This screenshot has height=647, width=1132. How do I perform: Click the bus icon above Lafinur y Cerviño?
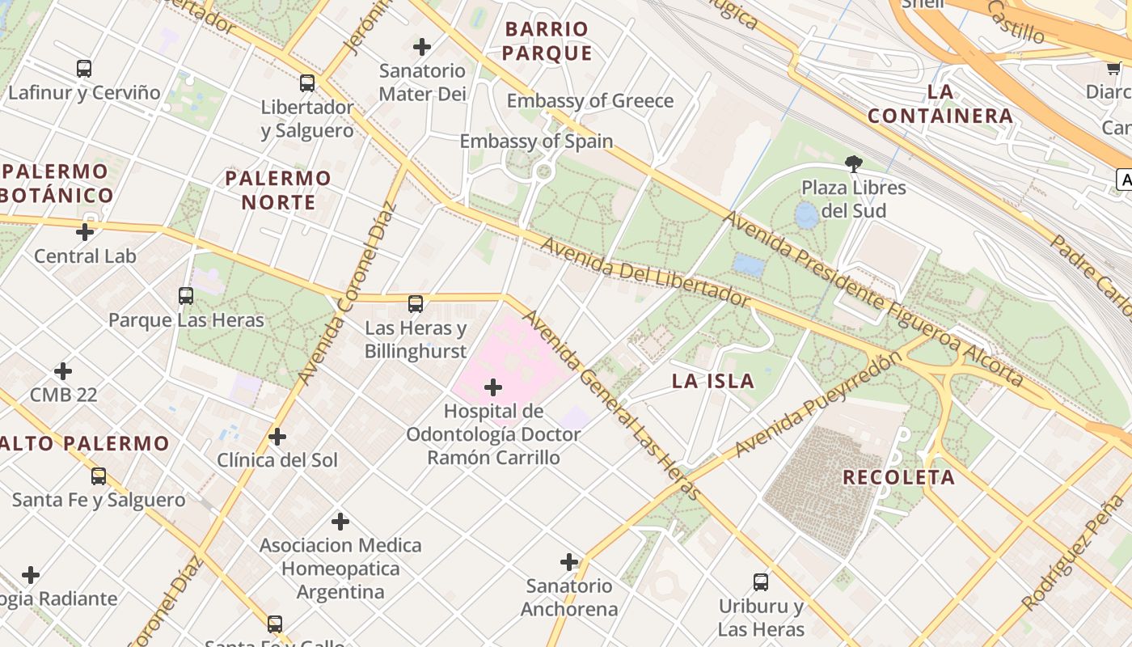84,69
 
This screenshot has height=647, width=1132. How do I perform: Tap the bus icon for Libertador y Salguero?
307,82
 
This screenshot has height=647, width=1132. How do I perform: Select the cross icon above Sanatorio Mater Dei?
422,47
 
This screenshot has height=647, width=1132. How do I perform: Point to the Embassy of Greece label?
589,101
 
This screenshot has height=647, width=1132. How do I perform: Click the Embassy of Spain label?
536,142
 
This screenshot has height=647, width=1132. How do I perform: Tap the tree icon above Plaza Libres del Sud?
853,164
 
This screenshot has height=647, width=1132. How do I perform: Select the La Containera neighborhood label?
940,104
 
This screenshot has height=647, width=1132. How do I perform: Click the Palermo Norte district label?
278,190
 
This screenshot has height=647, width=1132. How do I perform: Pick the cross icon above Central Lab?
85,232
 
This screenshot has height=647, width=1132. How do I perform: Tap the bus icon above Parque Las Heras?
186,296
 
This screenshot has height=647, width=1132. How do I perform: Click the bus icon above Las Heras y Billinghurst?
416,304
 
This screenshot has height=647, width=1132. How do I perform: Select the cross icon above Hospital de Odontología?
492,387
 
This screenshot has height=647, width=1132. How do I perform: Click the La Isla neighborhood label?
713,381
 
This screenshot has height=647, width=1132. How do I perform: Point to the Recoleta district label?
898,477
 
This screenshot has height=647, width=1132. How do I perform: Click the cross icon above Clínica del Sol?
277,437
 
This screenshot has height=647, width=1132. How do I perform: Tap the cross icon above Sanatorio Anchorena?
569,562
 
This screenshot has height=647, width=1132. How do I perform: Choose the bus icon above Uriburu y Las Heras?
761,581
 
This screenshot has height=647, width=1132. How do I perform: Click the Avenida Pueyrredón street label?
817,404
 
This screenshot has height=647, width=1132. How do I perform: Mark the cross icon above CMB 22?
63,371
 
